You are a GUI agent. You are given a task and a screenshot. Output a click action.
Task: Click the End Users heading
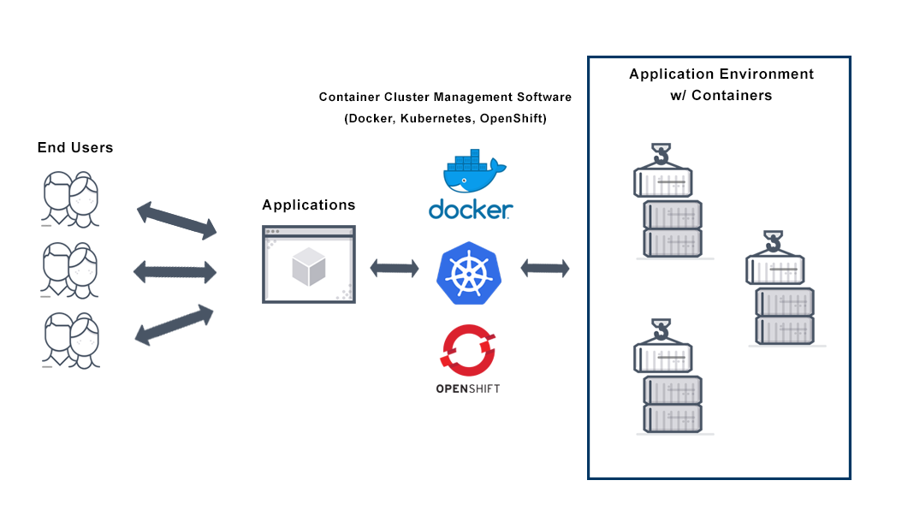click(x=75, y=147)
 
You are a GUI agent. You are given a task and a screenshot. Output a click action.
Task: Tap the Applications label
click(x=308, y=205)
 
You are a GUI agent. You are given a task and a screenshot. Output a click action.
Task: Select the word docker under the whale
click(x=470, y=210)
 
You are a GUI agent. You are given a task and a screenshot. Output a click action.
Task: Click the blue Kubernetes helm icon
click(x=468, y=274)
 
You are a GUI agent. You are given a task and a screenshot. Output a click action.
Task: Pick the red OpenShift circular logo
click(x=467, y=350)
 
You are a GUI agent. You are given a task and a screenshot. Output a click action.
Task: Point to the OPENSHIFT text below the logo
click(x=467, y=389)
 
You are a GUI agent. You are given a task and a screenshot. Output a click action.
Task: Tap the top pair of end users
click(x=70, y=200)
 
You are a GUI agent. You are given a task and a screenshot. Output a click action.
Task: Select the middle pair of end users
click(x=70, y=270)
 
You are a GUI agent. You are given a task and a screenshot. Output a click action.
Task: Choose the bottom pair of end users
click(x=70, y=341)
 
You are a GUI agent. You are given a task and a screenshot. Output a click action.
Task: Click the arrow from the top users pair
click(x=176, y=220)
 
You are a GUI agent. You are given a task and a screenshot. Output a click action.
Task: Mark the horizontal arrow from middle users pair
click(x=175, y=272)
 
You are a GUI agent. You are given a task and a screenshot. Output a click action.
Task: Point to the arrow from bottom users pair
click(x=175, y=324)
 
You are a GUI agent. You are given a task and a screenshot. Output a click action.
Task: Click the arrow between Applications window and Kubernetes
click(x=395, y=269)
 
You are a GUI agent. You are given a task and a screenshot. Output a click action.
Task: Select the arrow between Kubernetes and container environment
click(x=545, y=269)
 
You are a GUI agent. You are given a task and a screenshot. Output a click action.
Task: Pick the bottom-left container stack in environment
click(x=668, y=379)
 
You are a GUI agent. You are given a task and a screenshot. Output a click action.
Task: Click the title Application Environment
click(x=721, y=74)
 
